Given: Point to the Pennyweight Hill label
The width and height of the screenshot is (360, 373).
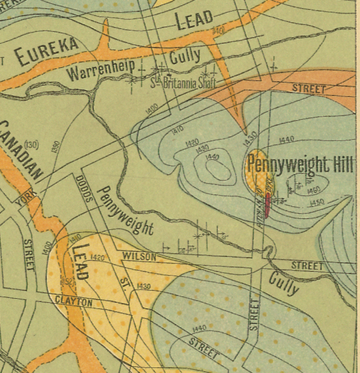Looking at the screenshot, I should [x=299, y=164].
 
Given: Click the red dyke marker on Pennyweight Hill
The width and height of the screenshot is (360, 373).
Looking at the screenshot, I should [x=268, y=204].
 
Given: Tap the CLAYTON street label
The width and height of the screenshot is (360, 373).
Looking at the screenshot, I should [x=74, y=302].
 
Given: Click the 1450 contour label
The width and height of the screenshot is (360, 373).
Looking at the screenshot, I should [x=317, y=202].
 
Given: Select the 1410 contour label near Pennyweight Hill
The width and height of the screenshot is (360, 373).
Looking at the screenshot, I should [x=177, y=131].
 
